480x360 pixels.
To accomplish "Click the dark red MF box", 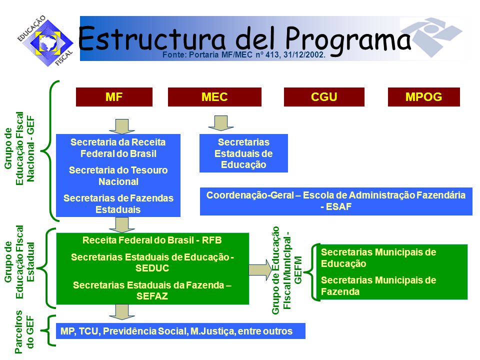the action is [114, 97].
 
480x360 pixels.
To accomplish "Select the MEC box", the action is [214, 97].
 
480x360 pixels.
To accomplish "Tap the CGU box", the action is [324, 97].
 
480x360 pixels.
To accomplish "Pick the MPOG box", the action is [423, 97].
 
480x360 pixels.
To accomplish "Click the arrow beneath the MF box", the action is [122, 126].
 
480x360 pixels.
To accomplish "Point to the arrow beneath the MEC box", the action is [220, 123].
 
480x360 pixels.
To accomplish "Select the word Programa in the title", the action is [348, 40].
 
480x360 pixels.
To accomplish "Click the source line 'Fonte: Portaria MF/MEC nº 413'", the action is [243, 55].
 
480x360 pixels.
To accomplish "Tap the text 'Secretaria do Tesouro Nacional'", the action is [118, 175].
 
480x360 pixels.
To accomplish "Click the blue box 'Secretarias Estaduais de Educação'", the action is [243, 153].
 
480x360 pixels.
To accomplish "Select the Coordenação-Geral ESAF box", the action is [336, 201].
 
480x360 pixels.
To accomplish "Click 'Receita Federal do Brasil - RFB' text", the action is [152, 240].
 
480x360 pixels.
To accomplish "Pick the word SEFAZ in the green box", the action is [152, 296].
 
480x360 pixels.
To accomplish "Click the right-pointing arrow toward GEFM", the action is [260, 269].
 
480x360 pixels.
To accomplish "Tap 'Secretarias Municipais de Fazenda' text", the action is [378, 285].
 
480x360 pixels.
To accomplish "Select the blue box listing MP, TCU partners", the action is [180, 331].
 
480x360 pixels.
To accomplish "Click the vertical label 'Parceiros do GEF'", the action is [24, 332].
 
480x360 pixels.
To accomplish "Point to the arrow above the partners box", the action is [122, 312].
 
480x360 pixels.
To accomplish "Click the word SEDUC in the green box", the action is [152, 268].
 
